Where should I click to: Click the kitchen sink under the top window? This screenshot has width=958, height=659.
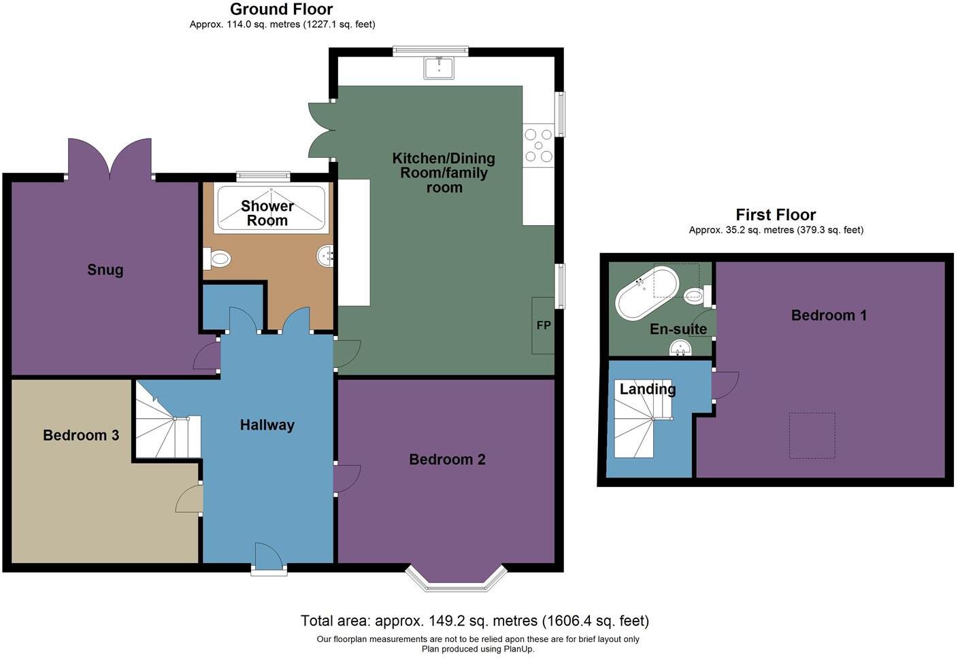point(439,67)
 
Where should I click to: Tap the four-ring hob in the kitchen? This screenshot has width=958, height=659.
point(538,145)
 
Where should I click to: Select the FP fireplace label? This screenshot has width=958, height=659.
point(543,325)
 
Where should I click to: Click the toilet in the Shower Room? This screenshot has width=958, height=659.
point(218,258)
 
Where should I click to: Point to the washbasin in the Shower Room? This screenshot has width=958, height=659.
point(326,256)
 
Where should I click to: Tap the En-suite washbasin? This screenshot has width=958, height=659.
point(680,349)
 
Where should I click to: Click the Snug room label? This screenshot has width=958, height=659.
point(105,269)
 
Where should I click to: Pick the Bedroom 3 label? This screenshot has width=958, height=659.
point(81,435)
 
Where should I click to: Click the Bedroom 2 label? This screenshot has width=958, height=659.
point(447,460)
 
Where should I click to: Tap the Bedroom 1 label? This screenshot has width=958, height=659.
point(828,316)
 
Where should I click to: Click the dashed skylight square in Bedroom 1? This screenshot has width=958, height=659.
point(812,435)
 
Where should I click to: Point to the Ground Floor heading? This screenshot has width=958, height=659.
point(281,10)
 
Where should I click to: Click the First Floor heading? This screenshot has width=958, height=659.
point(776,215)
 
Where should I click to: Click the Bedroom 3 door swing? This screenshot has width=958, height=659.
point(190,500)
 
